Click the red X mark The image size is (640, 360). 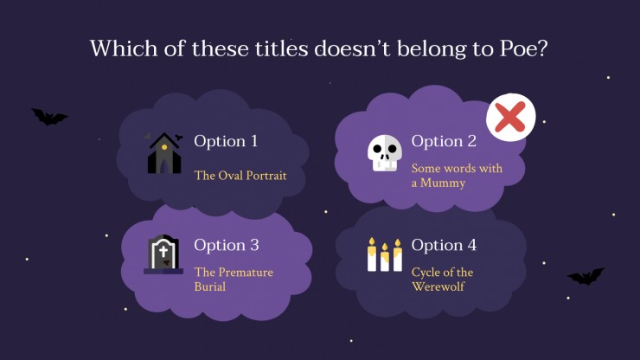click(510, 118)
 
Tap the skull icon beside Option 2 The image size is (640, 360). click(385, 153)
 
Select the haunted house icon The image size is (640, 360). click(164, 153)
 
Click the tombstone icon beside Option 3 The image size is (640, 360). click(163, 254)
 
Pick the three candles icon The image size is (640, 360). click(385, 254)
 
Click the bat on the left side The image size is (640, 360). click(49, 117)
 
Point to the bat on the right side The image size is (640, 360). click(586, 277)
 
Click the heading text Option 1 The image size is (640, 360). click(226, 141)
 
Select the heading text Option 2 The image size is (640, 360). click(444, 141)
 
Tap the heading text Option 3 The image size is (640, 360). click(227, 245)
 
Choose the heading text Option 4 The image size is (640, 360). click(444, 245)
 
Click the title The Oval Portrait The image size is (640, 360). click(240, 176)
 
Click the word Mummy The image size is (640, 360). click(443, 183)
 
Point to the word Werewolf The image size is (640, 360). click(438, 286)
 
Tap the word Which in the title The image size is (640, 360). click(124, 48)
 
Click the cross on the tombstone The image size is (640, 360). click(163, 251)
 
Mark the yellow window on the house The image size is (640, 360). click(164, 147)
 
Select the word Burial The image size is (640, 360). click(210, 286)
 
